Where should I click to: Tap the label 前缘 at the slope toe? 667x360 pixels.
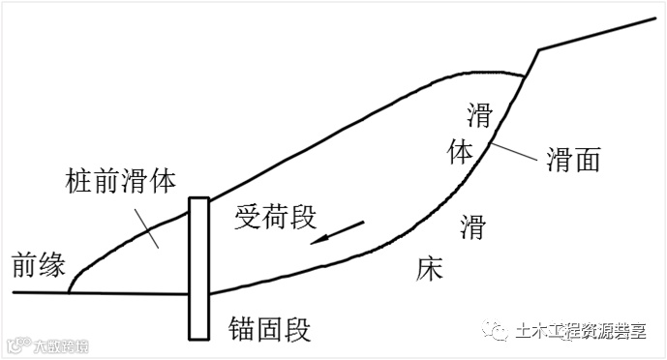37,263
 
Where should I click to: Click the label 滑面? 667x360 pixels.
573,159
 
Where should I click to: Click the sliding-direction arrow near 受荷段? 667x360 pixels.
338,233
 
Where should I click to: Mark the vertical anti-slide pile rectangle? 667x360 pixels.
199,268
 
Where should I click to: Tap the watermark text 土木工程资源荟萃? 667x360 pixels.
582,330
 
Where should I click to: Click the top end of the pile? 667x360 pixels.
199,199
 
